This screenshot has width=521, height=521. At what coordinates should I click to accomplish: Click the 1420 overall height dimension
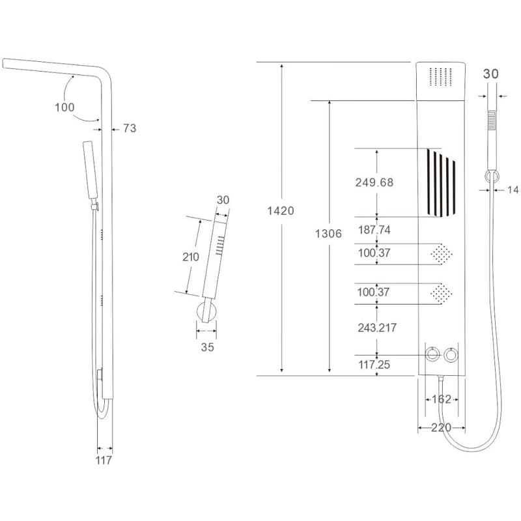point(281,210)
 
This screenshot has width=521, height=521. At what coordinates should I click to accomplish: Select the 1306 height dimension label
point(328,234)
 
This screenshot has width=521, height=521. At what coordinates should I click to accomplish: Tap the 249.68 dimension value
point(374,182)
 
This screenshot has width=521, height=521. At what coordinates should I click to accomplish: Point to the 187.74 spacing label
point(374,230)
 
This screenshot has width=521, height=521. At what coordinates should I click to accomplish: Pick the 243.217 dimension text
point(377,328)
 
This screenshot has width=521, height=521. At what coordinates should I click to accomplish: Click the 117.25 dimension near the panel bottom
point(374,365)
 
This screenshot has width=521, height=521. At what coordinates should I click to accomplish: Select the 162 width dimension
point(442,399)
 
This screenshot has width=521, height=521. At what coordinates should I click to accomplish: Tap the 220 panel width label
point(442,428)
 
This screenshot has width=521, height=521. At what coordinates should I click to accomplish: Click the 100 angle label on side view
point(64,107)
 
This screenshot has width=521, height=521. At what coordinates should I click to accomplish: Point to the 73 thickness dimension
point(130,128)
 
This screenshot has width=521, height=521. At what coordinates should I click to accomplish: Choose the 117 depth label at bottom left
point(104,460)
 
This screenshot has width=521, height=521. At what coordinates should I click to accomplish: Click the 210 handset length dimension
point(191,257)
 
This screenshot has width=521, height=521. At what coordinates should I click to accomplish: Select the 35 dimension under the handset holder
point(207,347)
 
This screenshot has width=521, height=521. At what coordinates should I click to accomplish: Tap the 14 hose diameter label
point(513,190)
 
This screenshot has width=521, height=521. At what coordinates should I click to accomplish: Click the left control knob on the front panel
point(432,354)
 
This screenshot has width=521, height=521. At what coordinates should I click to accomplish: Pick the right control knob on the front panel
point(451,355)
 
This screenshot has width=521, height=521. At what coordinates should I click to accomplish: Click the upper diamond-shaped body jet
point(442,253)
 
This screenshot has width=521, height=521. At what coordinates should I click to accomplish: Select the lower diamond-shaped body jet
point(442,294)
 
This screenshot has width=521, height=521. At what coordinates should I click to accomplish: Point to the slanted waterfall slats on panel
point(441,183)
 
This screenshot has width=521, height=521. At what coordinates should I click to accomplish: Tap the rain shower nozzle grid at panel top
point(441,77)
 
